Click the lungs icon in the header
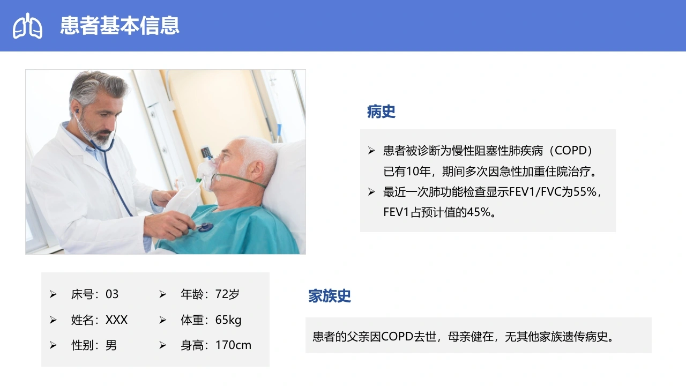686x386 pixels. click(27, 26)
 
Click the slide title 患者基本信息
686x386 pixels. click(120, 25)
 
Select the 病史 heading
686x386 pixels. click(381, 112)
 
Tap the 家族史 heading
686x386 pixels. click(330, 296)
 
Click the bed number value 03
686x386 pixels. click(112, 294)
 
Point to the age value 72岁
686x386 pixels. click(227, 294)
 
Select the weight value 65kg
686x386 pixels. click(228, 320)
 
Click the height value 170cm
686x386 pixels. click(233, 345)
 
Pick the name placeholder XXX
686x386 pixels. click(116, 320)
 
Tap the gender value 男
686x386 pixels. click(111, 345)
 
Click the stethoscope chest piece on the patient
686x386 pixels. click(205, 227)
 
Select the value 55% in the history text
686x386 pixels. click(585, 192)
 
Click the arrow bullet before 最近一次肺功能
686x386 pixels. click(371, 192)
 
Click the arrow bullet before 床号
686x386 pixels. click(53, 294)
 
